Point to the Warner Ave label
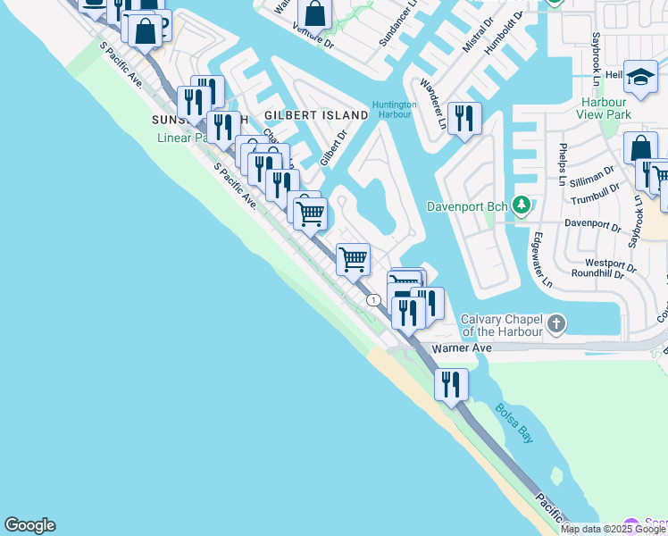[462, 348]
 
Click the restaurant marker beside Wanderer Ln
[464, 119]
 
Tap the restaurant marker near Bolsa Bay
[451, 384]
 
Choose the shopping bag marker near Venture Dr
[314, 14]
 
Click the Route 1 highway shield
[372, 300]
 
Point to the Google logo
[29, 525]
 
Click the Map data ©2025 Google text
[613, 529]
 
